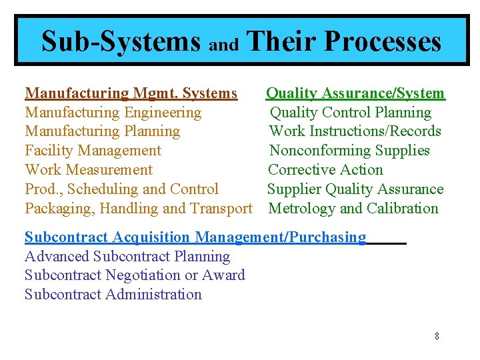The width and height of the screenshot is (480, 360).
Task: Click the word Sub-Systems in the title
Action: coord(121,41)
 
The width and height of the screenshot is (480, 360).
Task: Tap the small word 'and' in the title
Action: coord(224,45)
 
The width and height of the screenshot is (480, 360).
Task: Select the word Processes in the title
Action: coord(383,41)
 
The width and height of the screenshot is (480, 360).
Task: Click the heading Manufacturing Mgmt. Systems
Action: coord(131,93)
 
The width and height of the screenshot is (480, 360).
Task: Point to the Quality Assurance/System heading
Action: coord(355,93)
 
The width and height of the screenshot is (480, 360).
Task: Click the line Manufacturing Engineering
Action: coord(113,113)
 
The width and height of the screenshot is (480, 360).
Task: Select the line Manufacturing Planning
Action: coord(102,131)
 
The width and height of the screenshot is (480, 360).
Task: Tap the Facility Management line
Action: coord(93,151)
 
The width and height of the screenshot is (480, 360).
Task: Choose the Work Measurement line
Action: coord(89,170)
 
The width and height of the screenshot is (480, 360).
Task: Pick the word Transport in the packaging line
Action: coord(221,209)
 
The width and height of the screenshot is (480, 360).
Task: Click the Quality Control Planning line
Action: coord(351,113)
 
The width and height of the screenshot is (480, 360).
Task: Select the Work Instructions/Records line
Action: coord(355,131)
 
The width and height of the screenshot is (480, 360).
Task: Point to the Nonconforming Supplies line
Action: coord(349,151)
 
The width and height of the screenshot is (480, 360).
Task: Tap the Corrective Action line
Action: coord(325,170)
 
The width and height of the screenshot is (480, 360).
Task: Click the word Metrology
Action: coord(301,209)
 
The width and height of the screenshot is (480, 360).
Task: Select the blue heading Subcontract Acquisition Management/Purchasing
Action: coord(195,237)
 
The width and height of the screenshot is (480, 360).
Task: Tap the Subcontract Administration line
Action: coord(113,295)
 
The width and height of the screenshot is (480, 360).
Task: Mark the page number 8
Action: coord(437,336)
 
